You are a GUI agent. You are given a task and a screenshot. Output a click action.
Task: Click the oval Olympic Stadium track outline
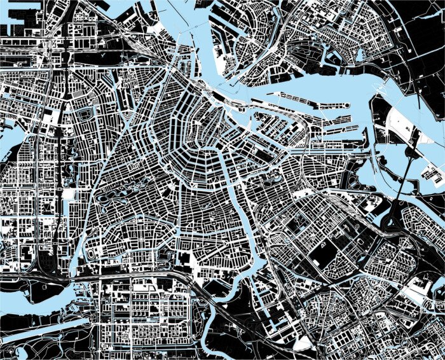click(x=95, y=255)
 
